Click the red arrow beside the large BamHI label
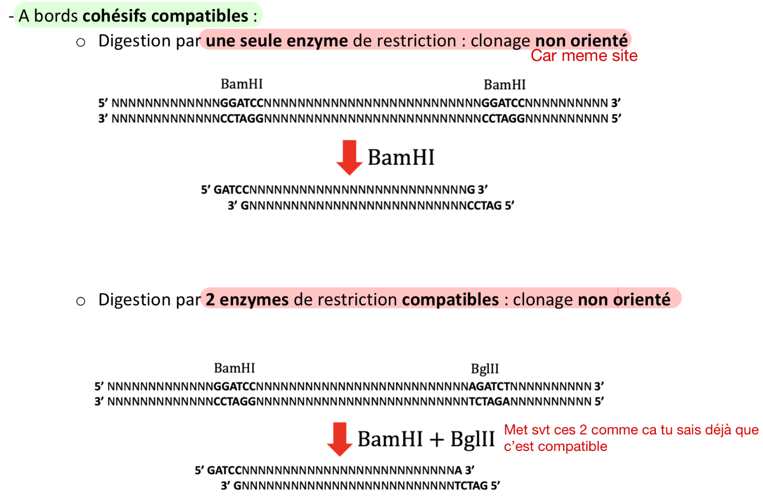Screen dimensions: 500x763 349,157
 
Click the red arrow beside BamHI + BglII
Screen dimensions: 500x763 339,439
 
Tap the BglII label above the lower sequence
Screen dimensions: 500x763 485,369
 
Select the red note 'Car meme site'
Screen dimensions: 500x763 584,56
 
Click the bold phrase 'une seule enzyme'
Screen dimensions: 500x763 277,41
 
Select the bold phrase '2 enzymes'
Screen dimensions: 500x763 247,300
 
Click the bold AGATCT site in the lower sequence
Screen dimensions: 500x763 489,386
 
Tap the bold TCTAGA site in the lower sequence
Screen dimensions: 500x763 489,401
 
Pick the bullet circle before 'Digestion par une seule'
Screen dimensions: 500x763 81,42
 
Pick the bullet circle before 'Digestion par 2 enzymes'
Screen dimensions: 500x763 81,301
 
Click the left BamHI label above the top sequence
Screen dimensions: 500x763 242,84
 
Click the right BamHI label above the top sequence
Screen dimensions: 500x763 504,85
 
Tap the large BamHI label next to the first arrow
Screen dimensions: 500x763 401,158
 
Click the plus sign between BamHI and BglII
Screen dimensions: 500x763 436,440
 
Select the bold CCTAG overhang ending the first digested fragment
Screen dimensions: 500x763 484,206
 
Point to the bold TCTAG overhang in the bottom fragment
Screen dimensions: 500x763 471,486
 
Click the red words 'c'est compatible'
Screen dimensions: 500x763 555,447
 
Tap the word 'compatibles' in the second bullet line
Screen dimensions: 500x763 450,300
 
